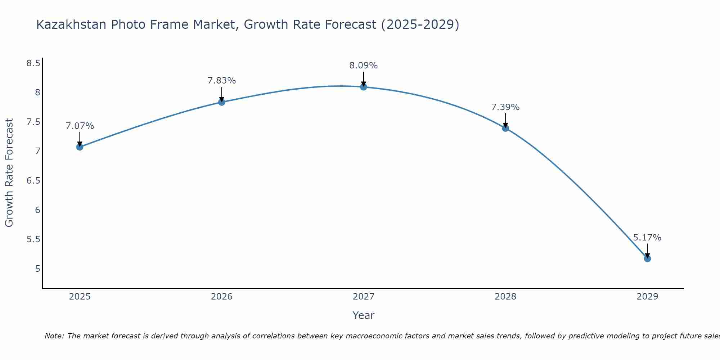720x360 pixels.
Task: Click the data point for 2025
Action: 80,147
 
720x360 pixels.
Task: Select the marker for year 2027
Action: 363,87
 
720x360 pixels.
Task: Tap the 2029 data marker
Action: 647,258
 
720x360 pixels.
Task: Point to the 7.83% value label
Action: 221,81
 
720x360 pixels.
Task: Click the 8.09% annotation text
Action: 363,66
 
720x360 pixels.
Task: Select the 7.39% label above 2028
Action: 505,107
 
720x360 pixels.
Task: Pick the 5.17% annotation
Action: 647,238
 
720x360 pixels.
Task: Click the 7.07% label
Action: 80,126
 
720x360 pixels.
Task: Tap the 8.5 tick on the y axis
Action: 33,63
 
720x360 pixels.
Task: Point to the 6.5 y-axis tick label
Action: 33,181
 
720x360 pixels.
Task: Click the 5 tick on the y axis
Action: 37,269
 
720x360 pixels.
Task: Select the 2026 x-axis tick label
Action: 221,297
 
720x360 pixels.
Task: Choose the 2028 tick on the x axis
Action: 505,297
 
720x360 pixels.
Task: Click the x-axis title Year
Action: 363,315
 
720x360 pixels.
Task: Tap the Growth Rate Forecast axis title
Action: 9,172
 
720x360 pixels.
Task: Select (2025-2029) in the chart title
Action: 420,24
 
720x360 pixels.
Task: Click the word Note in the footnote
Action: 54,336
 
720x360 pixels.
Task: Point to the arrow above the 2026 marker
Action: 221,94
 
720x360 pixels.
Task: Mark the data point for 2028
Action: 505,128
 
